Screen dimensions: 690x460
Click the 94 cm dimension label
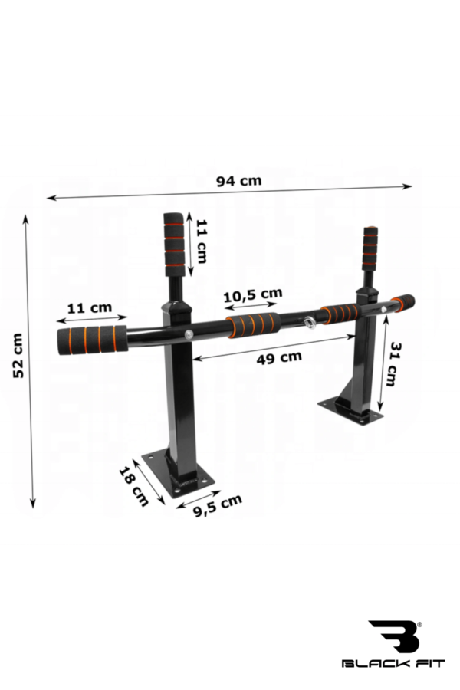point(238,181)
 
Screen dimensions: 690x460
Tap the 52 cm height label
point(18,354)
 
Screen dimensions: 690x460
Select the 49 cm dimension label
point(279,356)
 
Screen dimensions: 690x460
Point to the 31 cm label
point(391,364)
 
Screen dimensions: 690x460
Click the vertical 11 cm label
point(201,238)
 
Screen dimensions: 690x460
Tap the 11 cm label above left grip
point(90,307)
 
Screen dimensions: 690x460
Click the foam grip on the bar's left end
point(92,338)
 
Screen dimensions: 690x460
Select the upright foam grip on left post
point(174,244)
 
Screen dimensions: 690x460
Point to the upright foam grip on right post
point(370,248)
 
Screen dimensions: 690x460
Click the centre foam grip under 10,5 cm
point(253,324)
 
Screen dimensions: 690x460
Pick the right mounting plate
point(351,410)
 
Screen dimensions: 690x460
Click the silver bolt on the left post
point(188,334)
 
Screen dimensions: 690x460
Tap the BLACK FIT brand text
point(393,663)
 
